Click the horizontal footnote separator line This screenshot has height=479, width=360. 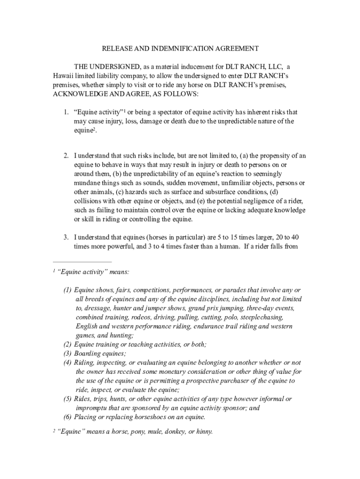pos(82,262)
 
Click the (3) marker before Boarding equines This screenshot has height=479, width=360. pos(68,354)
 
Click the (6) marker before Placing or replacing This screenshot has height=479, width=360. pos(68,417)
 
